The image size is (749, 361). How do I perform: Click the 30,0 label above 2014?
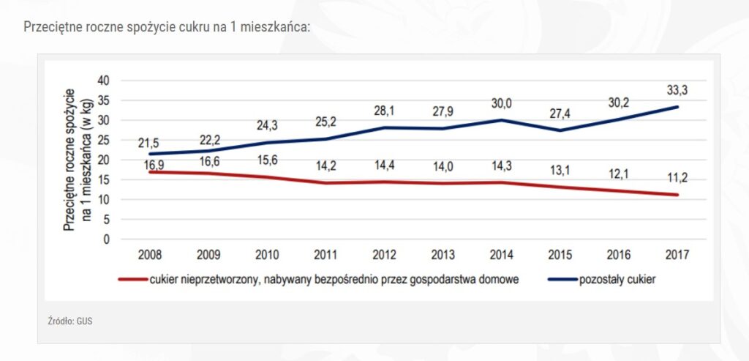503,103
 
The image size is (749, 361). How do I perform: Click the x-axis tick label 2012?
384,255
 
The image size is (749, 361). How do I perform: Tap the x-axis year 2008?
149,255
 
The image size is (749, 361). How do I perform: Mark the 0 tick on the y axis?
105,239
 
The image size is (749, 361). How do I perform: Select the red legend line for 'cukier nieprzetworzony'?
132,279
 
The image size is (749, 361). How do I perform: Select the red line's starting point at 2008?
149,172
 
